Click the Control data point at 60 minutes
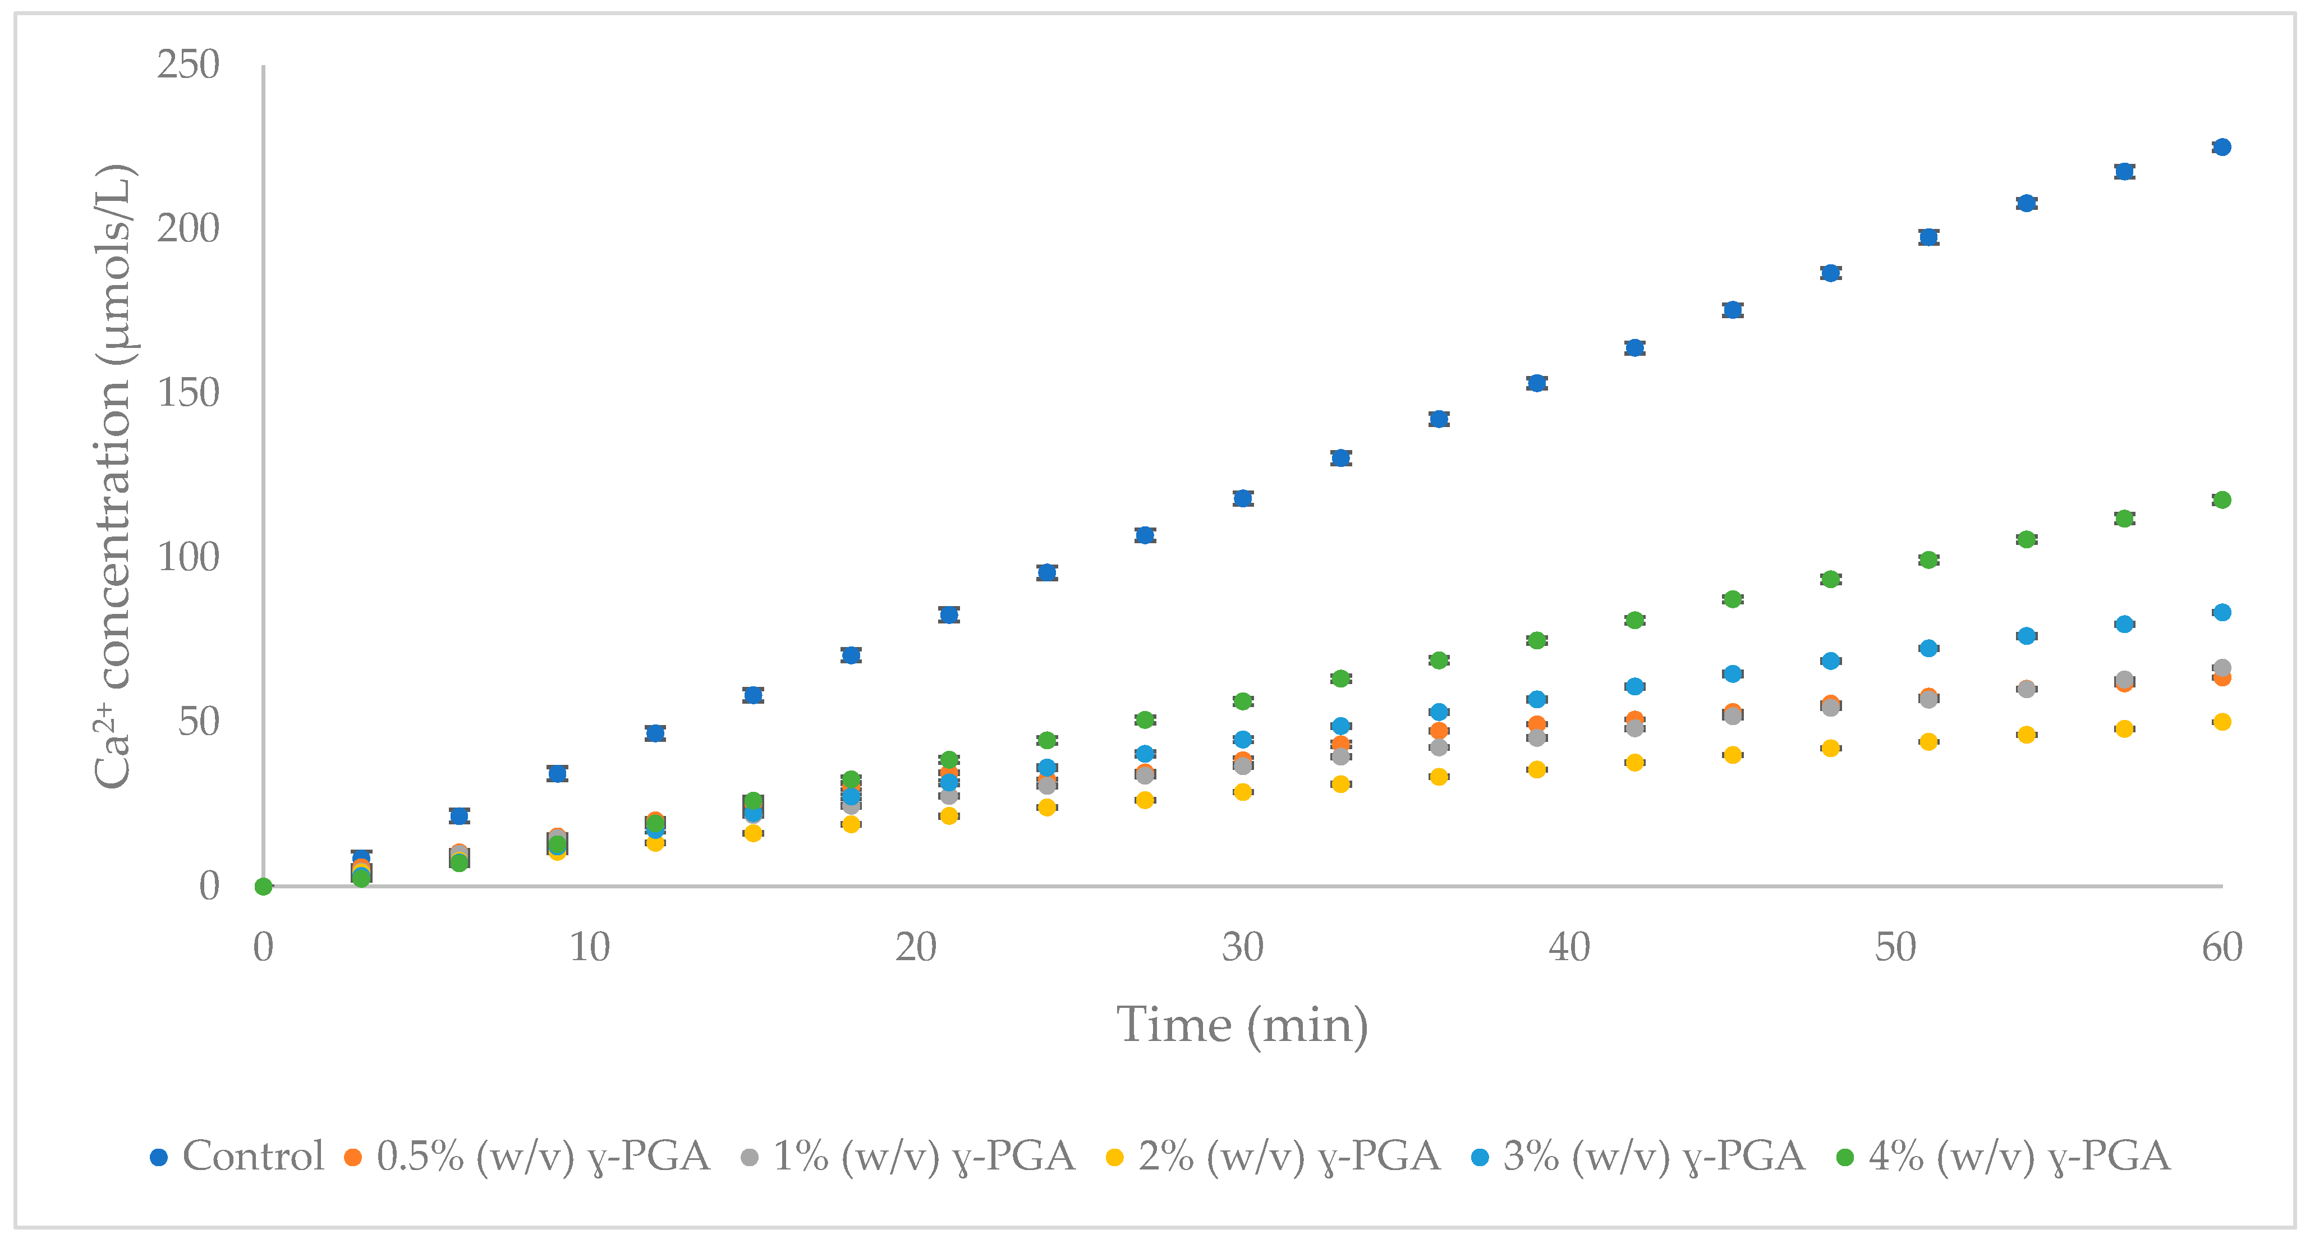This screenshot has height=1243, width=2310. tap(2221, 147)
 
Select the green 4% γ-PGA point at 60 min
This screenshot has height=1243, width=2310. tap(2221, 499)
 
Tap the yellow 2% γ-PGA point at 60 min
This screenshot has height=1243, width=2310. tap(2221, 721)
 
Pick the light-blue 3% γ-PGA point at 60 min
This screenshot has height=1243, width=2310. tap(2221, 613)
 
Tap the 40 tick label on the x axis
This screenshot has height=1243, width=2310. tap(1568, 948)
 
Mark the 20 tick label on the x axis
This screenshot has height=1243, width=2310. tap(916, 948)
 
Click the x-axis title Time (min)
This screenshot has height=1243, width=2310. tap(1242, 1025)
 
